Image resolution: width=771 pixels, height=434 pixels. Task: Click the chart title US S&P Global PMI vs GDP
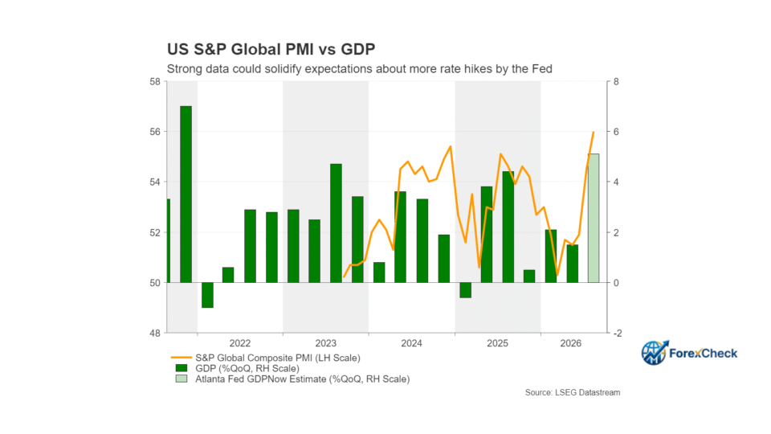click(x=271, y=49)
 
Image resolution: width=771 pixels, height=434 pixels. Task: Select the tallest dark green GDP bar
click(x=186, y=194)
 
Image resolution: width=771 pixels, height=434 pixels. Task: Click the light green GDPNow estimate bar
click(x=594, y=219)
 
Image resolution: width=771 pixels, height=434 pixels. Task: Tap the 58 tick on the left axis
click(x=155, y=82)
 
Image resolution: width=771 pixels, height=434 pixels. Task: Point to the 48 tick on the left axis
click(x=155, y=333)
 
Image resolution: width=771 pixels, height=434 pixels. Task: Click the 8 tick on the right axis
click(x=616, y=82)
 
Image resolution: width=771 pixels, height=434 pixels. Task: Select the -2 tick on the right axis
click(x=618, y=333)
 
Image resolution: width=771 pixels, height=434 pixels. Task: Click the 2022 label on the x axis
click(x=240, y=343)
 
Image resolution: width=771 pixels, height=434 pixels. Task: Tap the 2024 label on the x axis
click(x=411, y=343)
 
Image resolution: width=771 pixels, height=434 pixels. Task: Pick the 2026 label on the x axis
click(x=571, y=343)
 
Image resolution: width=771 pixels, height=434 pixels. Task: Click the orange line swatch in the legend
click(x=181, y=358)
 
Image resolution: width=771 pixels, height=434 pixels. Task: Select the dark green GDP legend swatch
click(x=182, y=368)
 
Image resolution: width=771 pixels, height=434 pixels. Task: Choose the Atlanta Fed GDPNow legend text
click(x=303, y=379)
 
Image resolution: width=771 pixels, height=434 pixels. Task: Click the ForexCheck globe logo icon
click(x=654, y=352)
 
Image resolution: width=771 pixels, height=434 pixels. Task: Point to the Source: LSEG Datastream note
click(x=573, y=392)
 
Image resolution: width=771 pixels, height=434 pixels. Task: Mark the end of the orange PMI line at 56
click(x=594, y=132)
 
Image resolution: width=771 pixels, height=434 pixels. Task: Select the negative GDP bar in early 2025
click(x=465, y=290)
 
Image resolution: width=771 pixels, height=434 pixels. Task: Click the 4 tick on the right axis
click(x=616, y=182)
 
